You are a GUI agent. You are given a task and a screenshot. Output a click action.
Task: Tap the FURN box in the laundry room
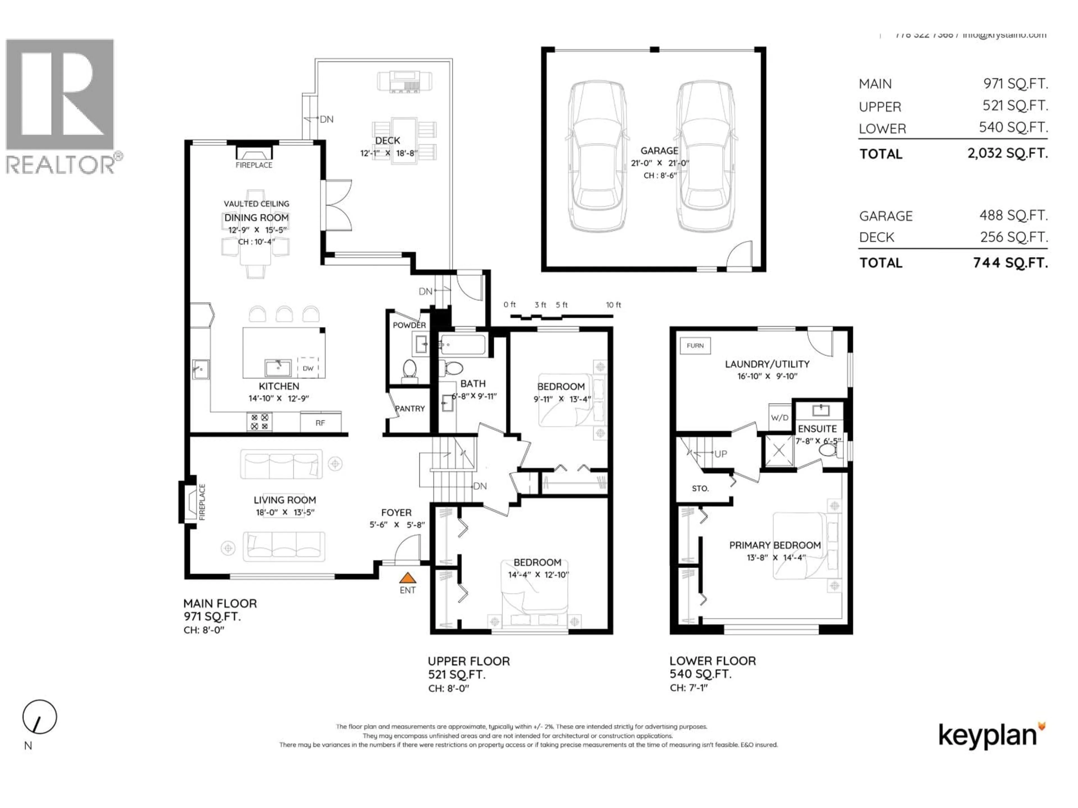695,346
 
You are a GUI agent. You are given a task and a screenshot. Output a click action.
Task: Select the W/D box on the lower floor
779,417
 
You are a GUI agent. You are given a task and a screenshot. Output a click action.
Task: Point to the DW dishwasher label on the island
308,368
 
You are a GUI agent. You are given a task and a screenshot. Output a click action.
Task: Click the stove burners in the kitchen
259,422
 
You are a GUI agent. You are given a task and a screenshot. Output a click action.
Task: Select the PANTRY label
410,408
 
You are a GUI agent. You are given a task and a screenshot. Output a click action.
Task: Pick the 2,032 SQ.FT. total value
1007,153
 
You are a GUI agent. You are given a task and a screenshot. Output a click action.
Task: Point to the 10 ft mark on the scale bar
613,305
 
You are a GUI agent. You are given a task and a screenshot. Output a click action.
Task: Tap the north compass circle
40,717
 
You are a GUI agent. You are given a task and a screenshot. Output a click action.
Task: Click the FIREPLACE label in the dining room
254,165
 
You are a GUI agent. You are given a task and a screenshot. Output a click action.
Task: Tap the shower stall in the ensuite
779,451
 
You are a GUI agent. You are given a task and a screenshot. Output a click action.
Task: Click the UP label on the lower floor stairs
720,454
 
